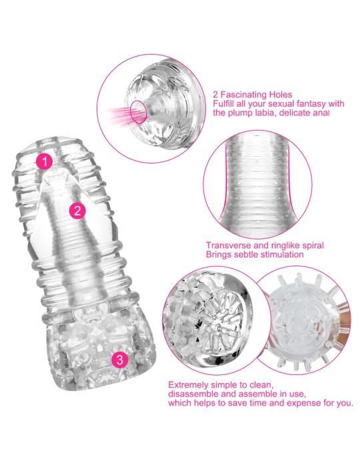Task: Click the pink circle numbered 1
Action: (x=45, y=161)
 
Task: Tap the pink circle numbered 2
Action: (x=77, y=211)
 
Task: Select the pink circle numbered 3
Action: (x=119, y=360)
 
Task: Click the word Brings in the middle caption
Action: (x=219, y=254)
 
